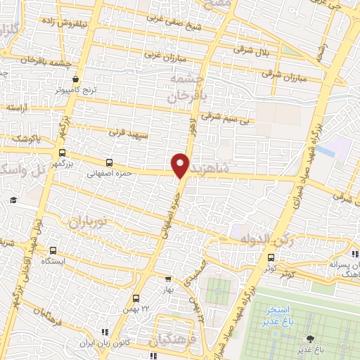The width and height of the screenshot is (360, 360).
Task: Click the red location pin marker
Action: (x=181, y=164)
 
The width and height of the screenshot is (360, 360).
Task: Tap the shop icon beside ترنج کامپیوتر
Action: (x=75, y=79)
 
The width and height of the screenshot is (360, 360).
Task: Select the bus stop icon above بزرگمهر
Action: (x=63, y=152)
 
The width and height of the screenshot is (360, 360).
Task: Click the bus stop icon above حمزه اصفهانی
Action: (x=108, y=162)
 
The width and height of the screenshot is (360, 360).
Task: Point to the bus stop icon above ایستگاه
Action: (x=53, y=250)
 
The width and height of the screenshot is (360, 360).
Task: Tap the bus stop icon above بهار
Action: (x=167, y=279)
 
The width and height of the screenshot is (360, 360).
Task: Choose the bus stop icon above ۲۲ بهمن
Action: (x=136, y=298)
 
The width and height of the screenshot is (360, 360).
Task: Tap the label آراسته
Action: (x=17, y=108)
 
